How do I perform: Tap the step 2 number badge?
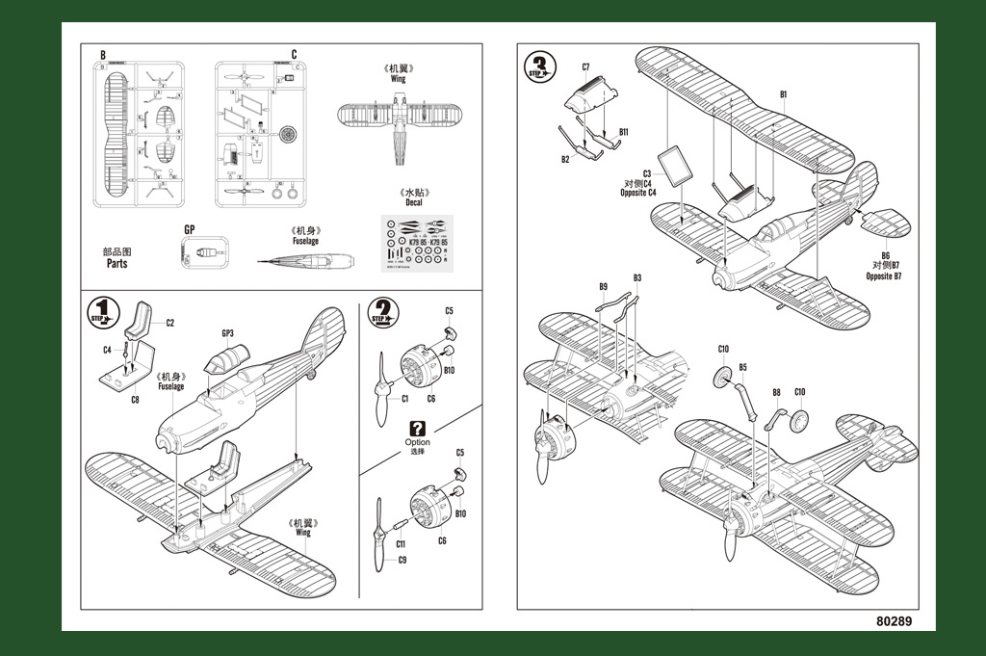(382, 314)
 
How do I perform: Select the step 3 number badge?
(540, 67)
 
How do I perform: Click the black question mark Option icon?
(417, 429)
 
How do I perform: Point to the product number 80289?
(894, 621)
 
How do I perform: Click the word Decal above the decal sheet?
(413, 203)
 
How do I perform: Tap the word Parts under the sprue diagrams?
(117, 263)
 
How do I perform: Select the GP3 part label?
(227, 334)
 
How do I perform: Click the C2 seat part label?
(169, 323)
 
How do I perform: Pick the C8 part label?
(135, 399)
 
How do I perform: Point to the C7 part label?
(585, 66)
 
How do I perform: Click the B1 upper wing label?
(784, 93)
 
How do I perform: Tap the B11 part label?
(624, 132)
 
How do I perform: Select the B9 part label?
(603, 286)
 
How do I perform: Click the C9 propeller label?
(402, 561)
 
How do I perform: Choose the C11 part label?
(402, 544)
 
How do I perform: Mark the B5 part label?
(742, 367)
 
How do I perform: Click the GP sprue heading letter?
(189, 230)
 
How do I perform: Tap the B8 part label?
(776, 392)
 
